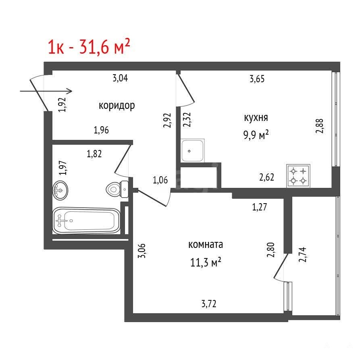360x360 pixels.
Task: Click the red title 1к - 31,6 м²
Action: [x=89, y=46]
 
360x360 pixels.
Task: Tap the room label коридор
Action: [x=117, y=106]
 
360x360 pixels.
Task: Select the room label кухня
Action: [x=256, y=118]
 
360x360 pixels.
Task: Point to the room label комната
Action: [x=206, y=245]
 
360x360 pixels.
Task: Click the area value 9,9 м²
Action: [x=256, y=135]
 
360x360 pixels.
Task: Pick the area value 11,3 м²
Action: [x=206, y=262]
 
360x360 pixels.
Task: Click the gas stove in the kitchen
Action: [x=298, y=176]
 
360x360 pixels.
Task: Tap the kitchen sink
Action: [x=192, y=150]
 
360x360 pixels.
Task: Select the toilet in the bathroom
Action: [x=117, y=189]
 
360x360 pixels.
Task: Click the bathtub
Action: [x=86, y=221]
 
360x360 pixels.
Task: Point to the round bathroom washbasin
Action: [x=60, y=190]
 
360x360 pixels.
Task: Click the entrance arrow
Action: [x=46, y=91]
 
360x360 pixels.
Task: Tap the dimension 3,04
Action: [x=120, y=78]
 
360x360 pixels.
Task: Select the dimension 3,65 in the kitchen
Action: [x=257, y=79]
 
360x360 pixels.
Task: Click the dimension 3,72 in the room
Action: [x=209, y=304]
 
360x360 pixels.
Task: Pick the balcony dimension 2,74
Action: [x=302, y=254]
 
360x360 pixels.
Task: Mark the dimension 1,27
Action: [x=260, y=207]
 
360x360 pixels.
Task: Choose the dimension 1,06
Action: [x=160, y=180]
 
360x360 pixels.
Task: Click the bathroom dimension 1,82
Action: [x=94, y=154]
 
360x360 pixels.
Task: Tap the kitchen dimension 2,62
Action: [x=266, y=177]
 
